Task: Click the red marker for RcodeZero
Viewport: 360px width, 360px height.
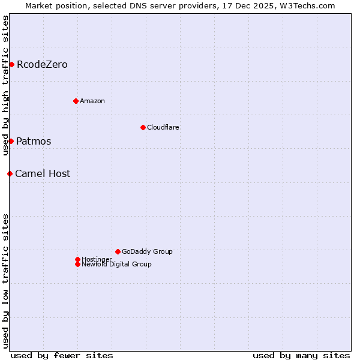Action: click(x=11, y=64)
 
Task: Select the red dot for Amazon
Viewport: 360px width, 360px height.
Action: click(x=76, y=101)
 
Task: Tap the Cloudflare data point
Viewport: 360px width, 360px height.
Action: click(x=143, y=127)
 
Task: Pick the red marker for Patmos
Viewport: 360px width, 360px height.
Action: click(x=11, y=141)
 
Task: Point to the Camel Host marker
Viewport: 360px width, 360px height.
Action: click(x=10, y=173)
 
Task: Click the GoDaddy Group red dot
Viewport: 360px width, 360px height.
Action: click(x=118, y=251)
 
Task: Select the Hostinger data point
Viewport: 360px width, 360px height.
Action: click(x=77, y=259)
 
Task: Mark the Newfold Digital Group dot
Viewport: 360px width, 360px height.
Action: click(x=77, y=264)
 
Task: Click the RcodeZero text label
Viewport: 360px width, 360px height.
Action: click(x=42, y=64)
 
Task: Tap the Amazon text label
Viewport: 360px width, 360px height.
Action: click(x=92, y=101)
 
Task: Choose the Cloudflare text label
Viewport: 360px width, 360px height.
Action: click(x=163, y=127)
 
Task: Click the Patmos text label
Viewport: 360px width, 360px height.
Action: click(x=34, y=141)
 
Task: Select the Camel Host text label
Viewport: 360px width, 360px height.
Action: click(x=43, y=173)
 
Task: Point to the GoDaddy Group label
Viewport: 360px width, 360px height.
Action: click(x=147, y=251)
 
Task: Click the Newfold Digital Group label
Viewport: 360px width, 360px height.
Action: click(x=116, y=265)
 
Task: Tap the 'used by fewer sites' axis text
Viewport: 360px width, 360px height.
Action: click(x=62, y=355)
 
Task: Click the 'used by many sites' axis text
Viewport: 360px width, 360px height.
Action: click(x=301, y=355)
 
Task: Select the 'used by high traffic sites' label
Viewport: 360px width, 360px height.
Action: click(x=5, y=85)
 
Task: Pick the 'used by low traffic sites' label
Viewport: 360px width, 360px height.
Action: click(x=5, y=280)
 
